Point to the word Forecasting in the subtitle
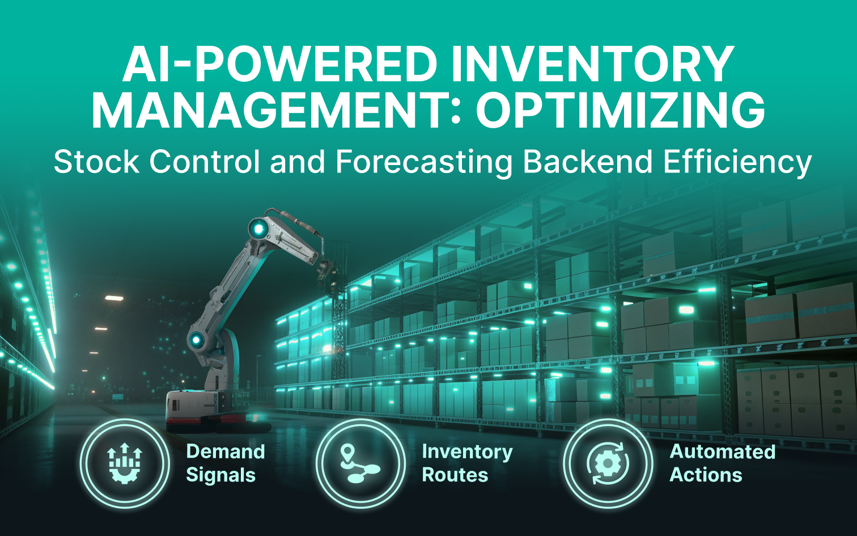point(424,162)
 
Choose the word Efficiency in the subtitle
point(737,162)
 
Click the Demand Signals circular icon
point(125,463)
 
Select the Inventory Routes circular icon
point(360,463)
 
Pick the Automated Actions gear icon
point(608,463)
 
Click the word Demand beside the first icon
point(226,451)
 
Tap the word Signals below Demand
point(220,475)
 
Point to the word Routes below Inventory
point(455,475)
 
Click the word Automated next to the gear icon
point(723,451)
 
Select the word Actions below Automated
point(706,475)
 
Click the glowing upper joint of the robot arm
point(258,229)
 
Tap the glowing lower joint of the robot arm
point(197,340)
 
